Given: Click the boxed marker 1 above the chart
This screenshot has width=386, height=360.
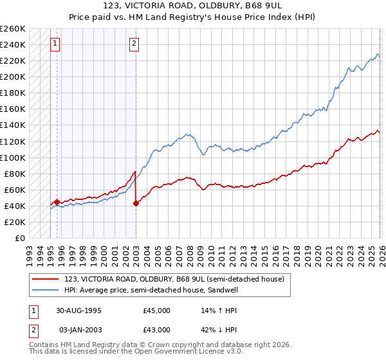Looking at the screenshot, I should (x=55, y=44).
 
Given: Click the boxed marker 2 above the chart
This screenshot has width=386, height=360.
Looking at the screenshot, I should (x=134, y=44).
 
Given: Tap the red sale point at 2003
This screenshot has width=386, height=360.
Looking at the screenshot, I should (x=136, y=203).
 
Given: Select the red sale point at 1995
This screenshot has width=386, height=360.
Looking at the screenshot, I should (x=57, y=202).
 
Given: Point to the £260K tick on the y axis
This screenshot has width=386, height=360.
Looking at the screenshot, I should (x=12, y=29).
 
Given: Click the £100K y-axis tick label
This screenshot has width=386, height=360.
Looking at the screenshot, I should (x=12, y=157).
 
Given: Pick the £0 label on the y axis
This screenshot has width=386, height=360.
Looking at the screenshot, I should (x=19, y=238).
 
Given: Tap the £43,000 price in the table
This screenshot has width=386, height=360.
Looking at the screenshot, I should (x=157, y=330).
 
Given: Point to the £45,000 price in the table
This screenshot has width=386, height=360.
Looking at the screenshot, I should (x=157, y=310).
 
